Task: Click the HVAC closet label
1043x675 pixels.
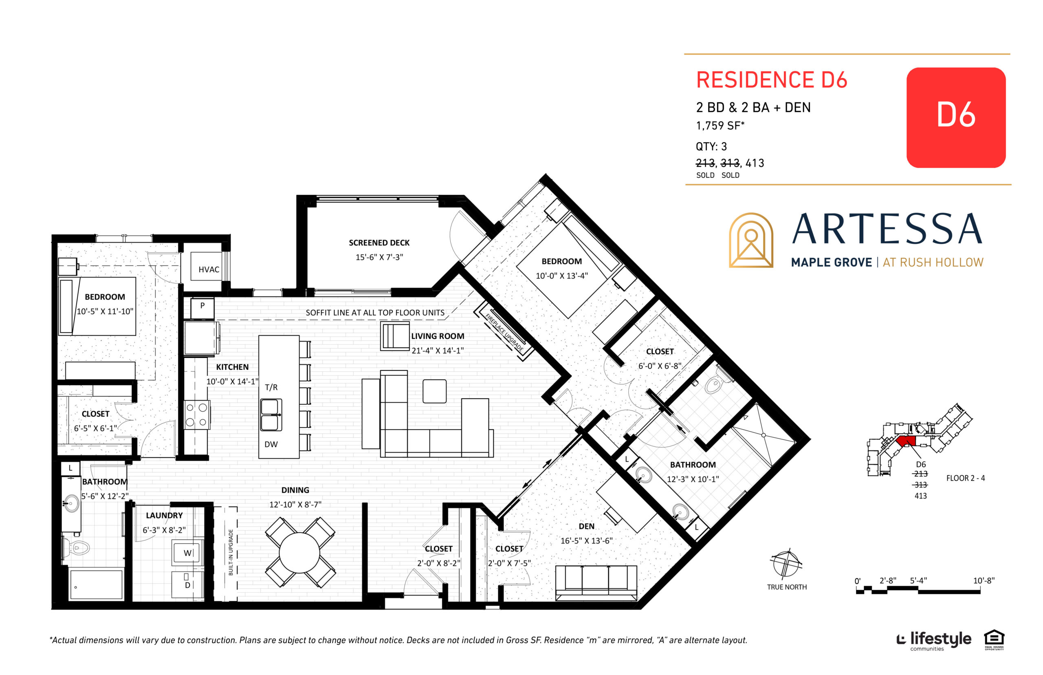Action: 209,269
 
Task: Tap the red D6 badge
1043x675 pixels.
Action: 955,117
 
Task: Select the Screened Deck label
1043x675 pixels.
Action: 379,243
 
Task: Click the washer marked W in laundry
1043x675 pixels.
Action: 187,553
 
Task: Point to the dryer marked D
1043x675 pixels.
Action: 187,585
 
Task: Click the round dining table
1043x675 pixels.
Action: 299,552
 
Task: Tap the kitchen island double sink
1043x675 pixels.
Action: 271,415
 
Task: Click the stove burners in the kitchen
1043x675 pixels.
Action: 196,415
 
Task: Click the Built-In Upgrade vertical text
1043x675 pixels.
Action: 231,552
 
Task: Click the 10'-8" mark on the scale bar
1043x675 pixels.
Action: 984,581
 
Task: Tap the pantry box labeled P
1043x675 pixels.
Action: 202,307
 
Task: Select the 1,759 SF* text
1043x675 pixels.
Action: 720,126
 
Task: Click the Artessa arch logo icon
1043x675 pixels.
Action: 750,240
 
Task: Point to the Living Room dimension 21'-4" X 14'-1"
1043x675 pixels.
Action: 437,351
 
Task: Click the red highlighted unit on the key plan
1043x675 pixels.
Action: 905,441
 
